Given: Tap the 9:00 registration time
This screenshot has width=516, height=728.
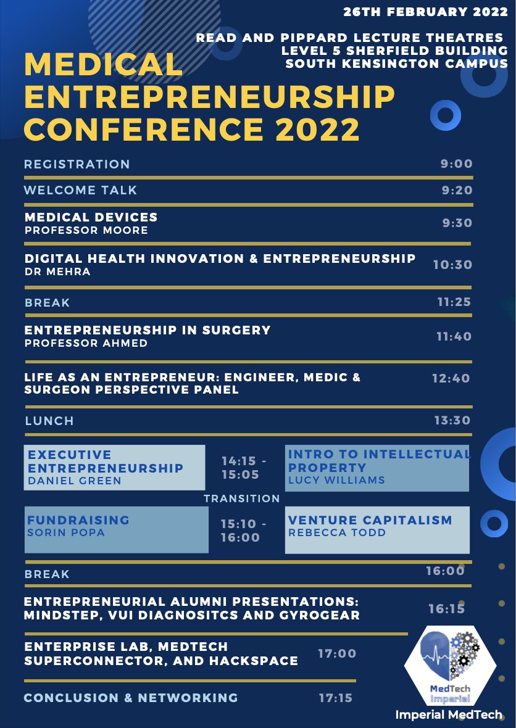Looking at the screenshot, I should point(457,164).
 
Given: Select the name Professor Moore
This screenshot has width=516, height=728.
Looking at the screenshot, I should point(86,230).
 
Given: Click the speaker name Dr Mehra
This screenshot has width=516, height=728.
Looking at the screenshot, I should point(57,272).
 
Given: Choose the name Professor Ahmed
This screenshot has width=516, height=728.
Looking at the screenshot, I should point(86,343).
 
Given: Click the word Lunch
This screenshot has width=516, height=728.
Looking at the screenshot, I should point(49,421).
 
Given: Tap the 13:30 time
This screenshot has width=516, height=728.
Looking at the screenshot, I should point(453,421).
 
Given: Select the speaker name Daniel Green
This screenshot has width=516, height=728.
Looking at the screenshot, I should point(75,481).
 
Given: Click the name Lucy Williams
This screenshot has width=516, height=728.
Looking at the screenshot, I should point(336,480).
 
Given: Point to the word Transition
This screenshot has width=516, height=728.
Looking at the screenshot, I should point(242,498).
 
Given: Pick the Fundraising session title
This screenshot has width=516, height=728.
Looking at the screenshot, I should point(78,520).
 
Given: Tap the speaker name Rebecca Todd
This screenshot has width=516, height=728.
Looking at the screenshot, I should point(337,532).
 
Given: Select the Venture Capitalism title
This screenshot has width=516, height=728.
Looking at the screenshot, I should point(370,521).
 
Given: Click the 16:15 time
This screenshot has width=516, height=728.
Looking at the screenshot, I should point(447,609).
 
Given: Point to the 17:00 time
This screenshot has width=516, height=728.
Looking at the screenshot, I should point(337,653).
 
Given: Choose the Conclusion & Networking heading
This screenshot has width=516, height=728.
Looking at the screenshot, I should point(131,698).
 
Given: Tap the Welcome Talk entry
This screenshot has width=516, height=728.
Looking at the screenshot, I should point(81,190).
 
